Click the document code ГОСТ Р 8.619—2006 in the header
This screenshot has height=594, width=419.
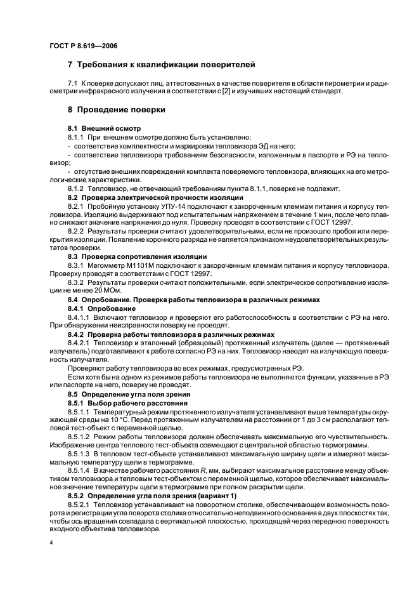82,46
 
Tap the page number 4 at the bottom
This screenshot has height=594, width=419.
51,544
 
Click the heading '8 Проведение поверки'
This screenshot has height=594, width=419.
116,109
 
